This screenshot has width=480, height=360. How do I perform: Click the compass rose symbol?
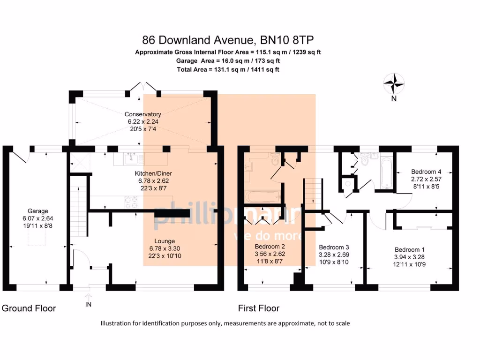click(x=394, y=84)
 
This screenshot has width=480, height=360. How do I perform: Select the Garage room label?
click(x=37, y=211)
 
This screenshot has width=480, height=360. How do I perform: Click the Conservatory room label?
click(x=142, y=114)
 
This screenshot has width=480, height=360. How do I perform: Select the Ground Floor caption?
click(x=29, y=308)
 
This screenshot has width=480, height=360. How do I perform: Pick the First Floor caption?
click(x=259, y=308)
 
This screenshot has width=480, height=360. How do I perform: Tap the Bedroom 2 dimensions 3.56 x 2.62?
click(x=270, y=254)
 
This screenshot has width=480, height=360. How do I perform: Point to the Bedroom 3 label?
click(x=334, y=247)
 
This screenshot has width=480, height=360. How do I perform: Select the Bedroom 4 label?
click(x=426, y=172)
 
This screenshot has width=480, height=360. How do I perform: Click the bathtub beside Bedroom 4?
click(x=385, y=173)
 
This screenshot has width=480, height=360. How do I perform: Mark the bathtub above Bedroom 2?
click(x=263, y=196)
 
